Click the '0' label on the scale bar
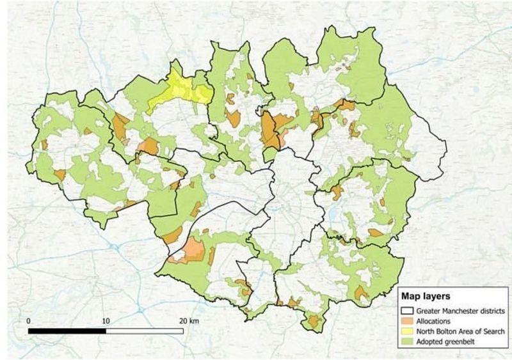point(29,320)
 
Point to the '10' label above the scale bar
point(106,320)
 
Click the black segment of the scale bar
point(67,331)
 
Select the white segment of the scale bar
point(145,331)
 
